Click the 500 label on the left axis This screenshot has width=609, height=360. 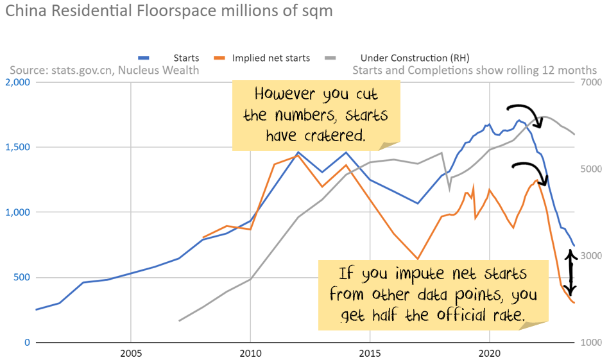pos(21,277)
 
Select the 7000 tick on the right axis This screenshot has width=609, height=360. pos(591,82)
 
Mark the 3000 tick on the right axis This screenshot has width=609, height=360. pos(591,256)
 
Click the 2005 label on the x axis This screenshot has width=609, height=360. pos(131,353)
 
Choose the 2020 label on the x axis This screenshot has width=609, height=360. pos(490,353)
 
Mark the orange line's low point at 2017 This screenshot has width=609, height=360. pos(418,259)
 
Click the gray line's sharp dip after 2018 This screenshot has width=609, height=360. pos(449,189)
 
